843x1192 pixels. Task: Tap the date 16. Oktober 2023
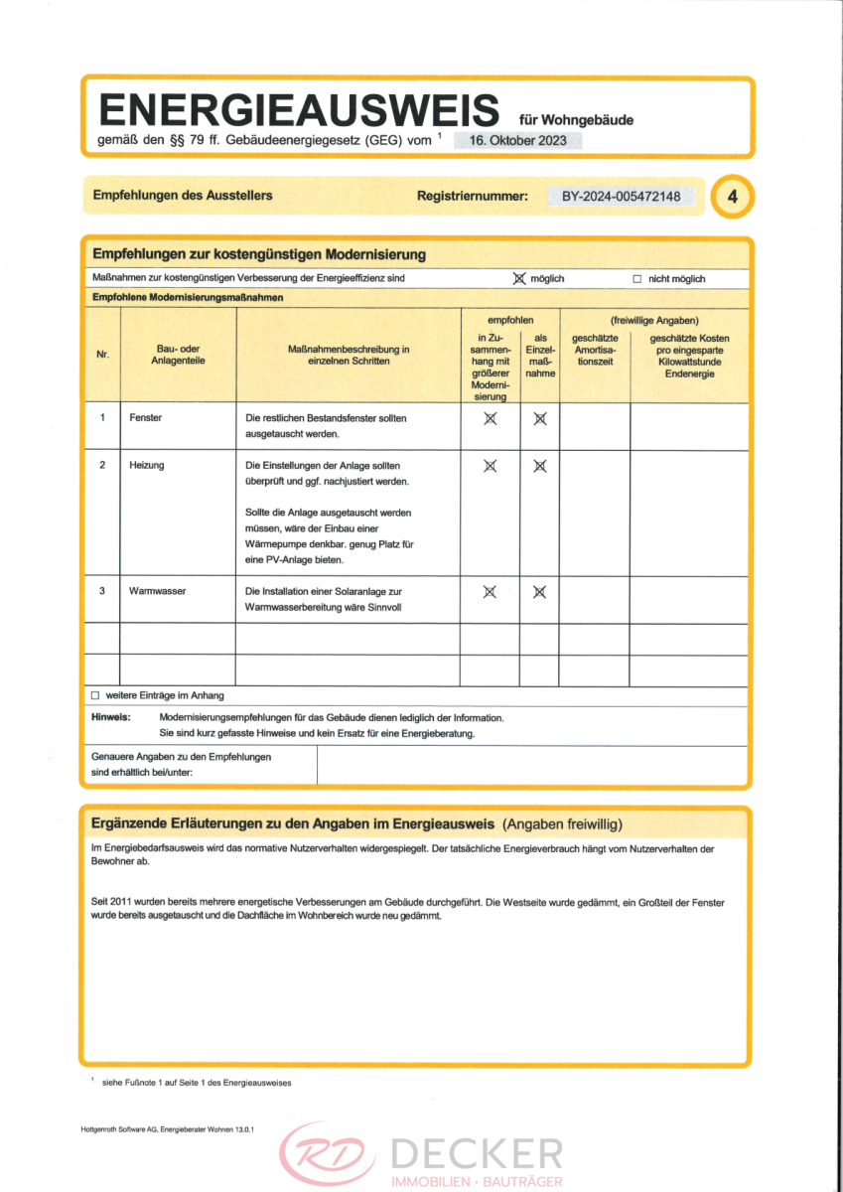518,140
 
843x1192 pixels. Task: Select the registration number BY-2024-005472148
621,196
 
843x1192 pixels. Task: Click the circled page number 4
733,197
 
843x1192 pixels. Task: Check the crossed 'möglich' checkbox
518,279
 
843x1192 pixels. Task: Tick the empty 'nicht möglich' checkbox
637,279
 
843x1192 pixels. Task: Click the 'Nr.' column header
102,355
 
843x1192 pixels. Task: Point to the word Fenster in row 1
145,417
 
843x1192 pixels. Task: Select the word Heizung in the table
147,465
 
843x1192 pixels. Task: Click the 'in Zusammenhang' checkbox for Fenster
490,418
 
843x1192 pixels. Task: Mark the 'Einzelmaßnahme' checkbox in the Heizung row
539,465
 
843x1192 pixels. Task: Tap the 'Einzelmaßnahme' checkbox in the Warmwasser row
539,591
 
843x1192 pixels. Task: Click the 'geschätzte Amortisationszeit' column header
595,350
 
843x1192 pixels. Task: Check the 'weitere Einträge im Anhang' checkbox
95,695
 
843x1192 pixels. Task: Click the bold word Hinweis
111,717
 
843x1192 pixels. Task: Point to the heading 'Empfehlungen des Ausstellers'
182,196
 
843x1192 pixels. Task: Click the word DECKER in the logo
476,1154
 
